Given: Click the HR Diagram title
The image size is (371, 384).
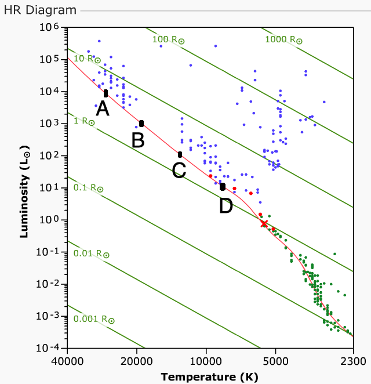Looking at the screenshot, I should coord(40,10).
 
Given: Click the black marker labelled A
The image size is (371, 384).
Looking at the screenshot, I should coord(106,93).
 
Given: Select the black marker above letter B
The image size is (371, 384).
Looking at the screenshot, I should coord(141,124).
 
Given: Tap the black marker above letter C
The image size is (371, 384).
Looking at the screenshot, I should coord(180,154).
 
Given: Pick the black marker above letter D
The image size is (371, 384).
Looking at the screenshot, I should coord(223,187).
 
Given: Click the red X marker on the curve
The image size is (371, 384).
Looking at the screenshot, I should coord(264,223).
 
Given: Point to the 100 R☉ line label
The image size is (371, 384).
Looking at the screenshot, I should coord(168,39).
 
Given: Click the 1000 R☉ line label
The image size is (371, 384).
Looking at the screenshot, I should coord(283,39).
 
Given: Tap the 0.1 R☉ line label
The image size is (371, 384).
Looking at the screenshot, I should coord(88,188).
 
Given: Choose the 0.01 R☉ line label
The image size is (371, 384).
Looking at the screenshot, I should coord(91,253).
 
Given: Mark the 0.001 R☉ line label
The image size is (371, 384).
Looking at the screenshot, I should coord(94,319).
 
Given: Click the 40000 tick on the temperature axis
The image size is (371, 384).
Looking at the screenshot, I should coord(67,360).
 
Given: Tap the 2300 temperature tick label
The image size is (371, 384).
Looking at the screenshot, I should coord(353,360).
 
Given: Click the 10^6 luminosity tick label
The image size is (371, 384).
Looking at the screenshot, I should coord(49,28).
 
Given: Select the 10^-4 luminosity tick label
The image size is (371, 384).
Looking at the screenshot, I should coord(48,348).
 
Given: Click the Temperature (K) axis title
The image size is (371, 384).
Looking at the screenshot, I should coord(209,376).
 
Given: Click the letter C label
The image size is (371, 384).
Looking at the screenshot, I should coord(179,170).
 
